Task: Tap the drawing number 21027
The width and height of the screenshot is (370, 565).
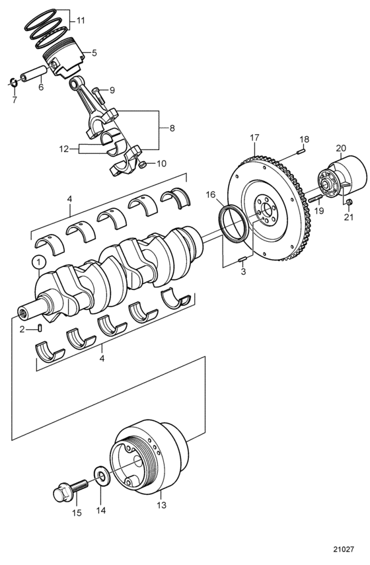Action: pyautogui.click(x=344, y=550)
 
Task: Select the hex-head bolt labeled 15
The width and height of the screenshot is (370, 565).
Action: pyautogui.click(x=70, y=490)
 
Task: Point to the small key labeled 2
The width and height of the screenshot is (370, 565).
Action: pyautogui.click(x=40, y=328)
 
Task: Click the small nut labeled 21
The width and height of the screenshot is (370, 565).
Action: pyautogui.click(x=348, y=203)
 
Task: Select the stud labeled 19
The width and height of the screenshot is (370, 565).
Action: pyautogui.click(x=315, y=198)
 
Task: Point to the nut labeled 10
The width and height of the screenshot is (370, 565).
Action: pyautogui.click(x=142, y=165)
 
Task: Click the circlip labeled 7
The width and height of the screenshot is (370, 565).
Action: pyautogui.click(x=13, y=83)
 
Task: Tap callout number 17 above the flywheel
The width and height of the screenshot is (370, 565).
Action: pyautogui.click(x=254, y=137)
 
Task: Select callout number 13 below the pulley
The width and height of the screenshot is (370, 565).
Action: pyautogui.click(x=162, y=505)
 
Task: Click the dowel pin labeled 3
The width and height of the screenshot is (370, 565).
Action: pyautogui.click(x=242, y=259)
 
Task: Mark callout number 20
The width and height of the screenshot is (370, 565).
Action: pyautogui.click(x=341, y=148)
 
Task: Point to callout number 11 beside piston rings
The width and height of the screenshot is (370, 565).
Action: pyautogui.click(x=81, y=20)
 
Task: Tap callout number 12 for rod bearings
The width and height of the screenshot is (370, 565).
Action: pyautogui.click(x=64, y=149)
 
